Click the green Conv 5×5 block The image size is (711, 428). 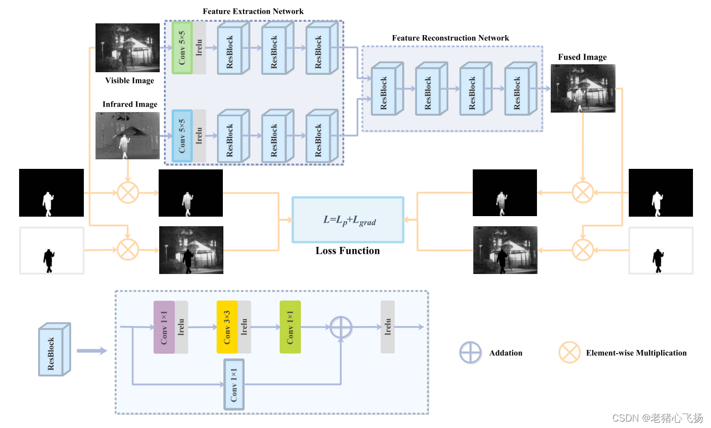click(182, 48)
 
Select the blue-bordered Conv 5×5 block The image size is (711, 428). click(182, 136)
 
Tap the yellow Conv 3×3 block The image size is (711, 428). click(227, 327)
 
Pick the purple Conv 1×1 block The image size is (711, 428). click(164, 327)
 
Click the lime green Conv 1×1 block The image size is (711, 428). click(290, 327)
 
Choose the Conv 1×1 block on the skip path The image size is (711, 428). click(234, 384)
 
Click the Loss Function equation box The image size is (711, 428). click(348, 220)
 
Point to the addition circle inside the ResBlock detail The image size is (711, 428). click(341, 327)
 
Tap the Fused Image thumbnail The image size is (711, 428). click(583, 88)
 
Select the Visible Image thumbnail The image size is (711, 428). click(127, 48)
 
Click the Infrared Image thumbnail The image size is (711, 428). click(127, 135)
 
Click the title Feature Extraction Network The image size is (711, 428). click(253, 11)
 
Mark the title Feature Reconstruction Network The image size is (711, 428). click(450, 38)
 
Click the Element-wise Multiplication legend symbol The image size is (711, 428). click(569, 353)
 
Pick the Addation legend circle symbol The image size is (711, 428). click(471, 353)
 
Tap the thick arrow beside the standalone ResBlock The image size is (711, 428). click(91, 350)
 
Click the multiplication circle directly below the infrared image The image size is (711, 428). click(127, 192)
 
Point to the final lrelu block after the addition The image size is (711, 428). click(387, 327)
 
